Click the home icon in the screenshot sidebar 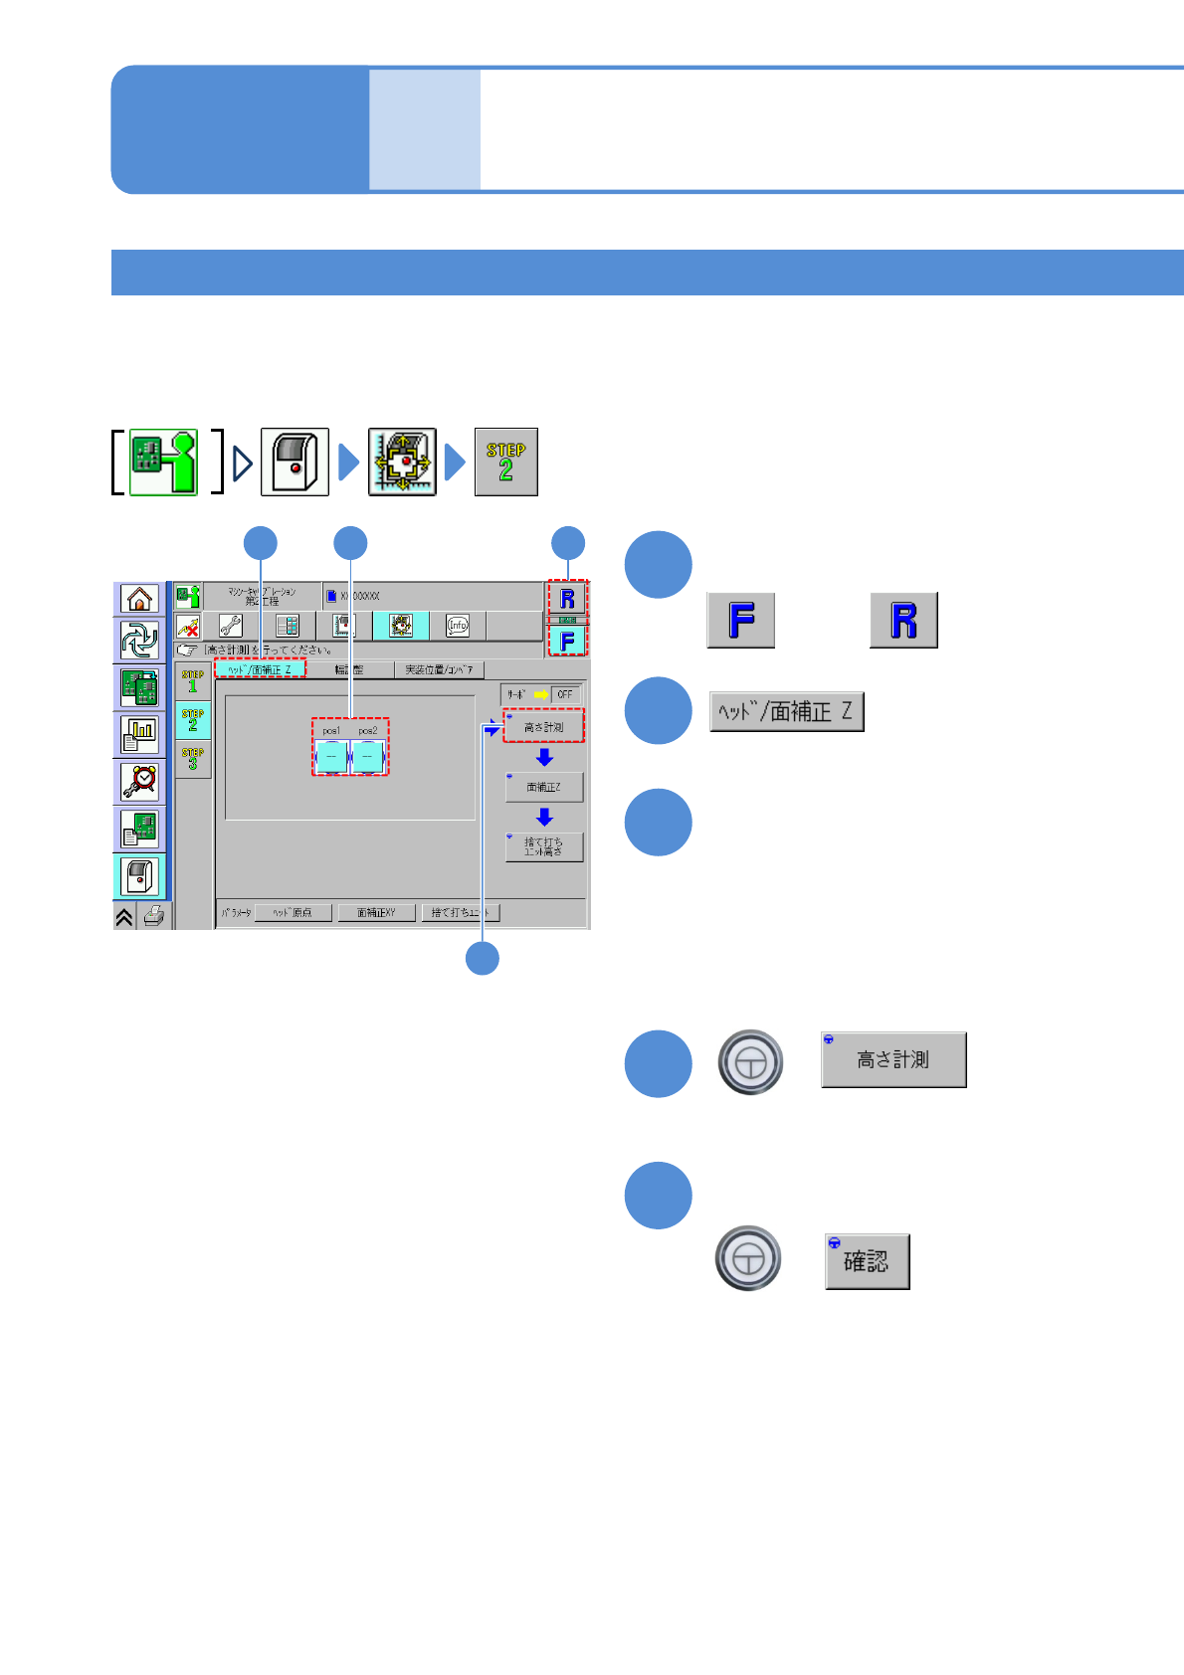tap(140, 599)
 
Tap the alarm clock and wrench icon tap(140, 782)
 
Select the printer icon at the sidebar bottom tap(153, 916)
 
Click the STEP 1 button tap(193, 681)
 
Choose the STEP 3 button tap(193, 759)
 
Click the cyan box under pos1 tap(331, 757)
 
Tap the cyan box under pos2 tap(367, 757)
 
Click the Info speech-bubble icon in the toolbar tap(458, 626)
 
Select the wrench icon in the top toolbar tap(231, 626)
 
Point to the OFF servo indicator tap(565, 694)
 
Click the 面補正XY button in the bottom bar tap(376, 912)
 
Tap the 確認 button tap(867, 1261)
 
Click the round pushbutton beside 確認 tap(748, 1258)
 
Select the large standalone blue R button tap(903, 621)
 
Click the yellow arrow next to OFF tap(541, 694)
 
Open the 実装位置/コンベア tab tap(439, 670)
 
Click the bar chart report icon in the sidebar tap(140, 734)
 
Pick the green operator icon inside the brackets tap(164, 463)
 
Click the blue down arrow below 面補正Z tap(544, 817)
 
